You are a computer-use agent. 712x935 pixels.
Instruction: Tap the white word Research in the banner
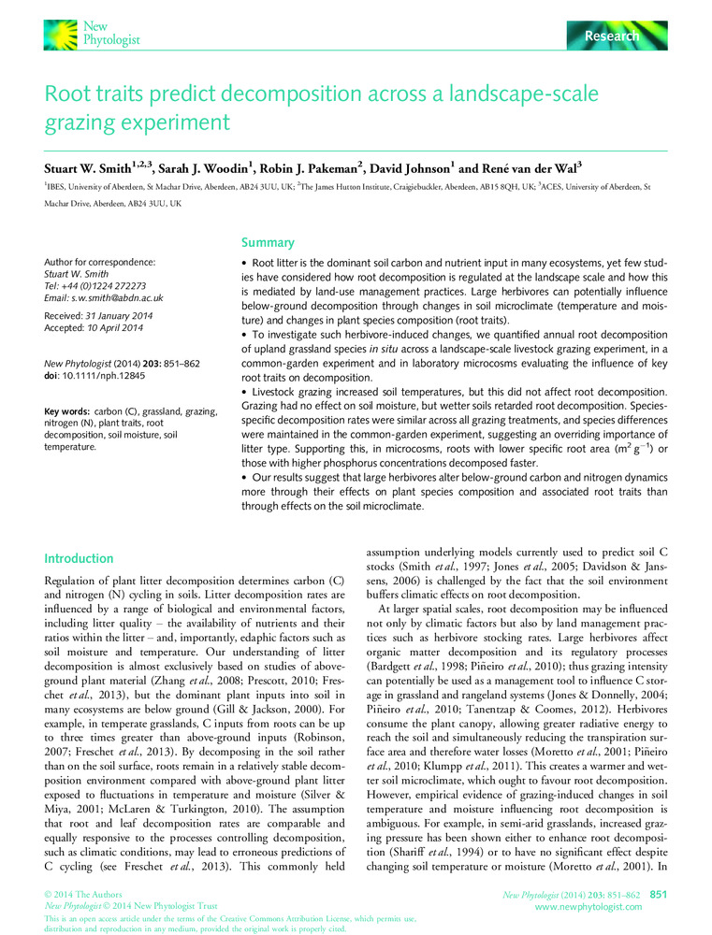click(613, 36)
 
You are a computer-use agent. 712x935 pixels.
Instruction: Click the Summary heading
click(269, 242)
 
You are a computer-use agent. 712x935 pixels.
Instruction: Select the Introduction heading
click(79, 558)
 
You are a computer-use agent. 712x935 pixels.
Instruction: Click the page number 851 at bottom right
click(659, 896)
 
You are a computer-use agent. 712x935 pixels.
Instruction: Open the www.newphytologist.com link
click(588, 907)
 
